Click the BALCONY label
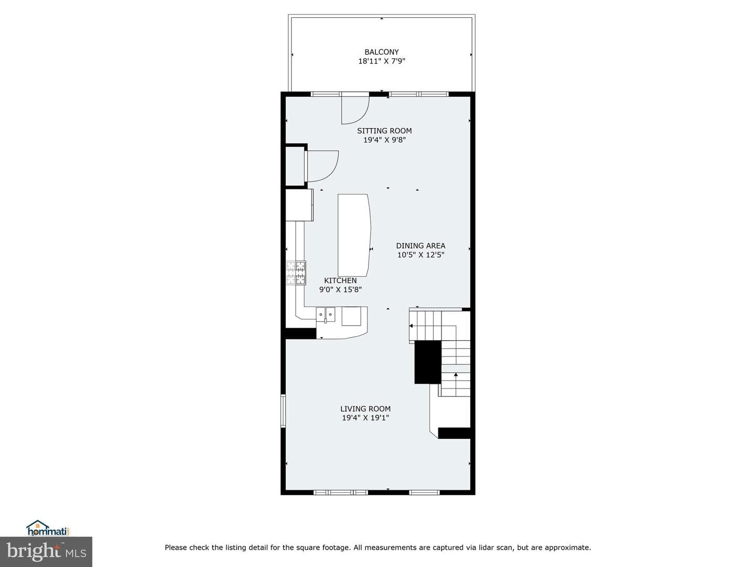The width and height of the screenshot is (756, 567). pos(381,52)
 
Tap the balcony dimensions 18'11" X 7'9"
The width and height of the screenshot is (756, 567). pos(381,61)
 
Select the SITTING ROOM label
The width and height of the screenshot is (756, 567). pos(384,131)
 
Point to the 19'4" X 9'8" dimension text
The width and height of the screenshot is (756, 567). pos(384,140)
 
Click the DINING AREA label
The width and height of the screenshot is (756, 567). pos(421,246)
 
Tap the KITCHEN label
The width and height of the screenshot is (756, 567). pos(340,280)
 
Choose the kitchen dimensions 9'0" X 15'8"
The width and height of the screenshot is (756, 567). pos(340,289)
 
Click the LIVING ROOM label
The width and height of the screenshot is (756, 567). pos(365,408)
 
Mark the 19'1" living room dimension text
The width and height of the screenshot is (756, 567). pos(380,418)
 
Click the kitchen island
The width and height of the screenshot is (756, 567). pos(354,235)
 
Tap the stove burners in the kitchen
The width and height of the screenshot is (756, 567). pos(296,273)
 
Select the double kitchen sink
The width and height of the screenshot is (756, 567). pos(325,314)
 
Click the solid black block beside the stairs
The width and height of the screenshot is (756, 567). pos(428,362)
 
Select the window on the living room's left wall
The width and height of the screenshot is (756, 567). pos(283,411)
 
